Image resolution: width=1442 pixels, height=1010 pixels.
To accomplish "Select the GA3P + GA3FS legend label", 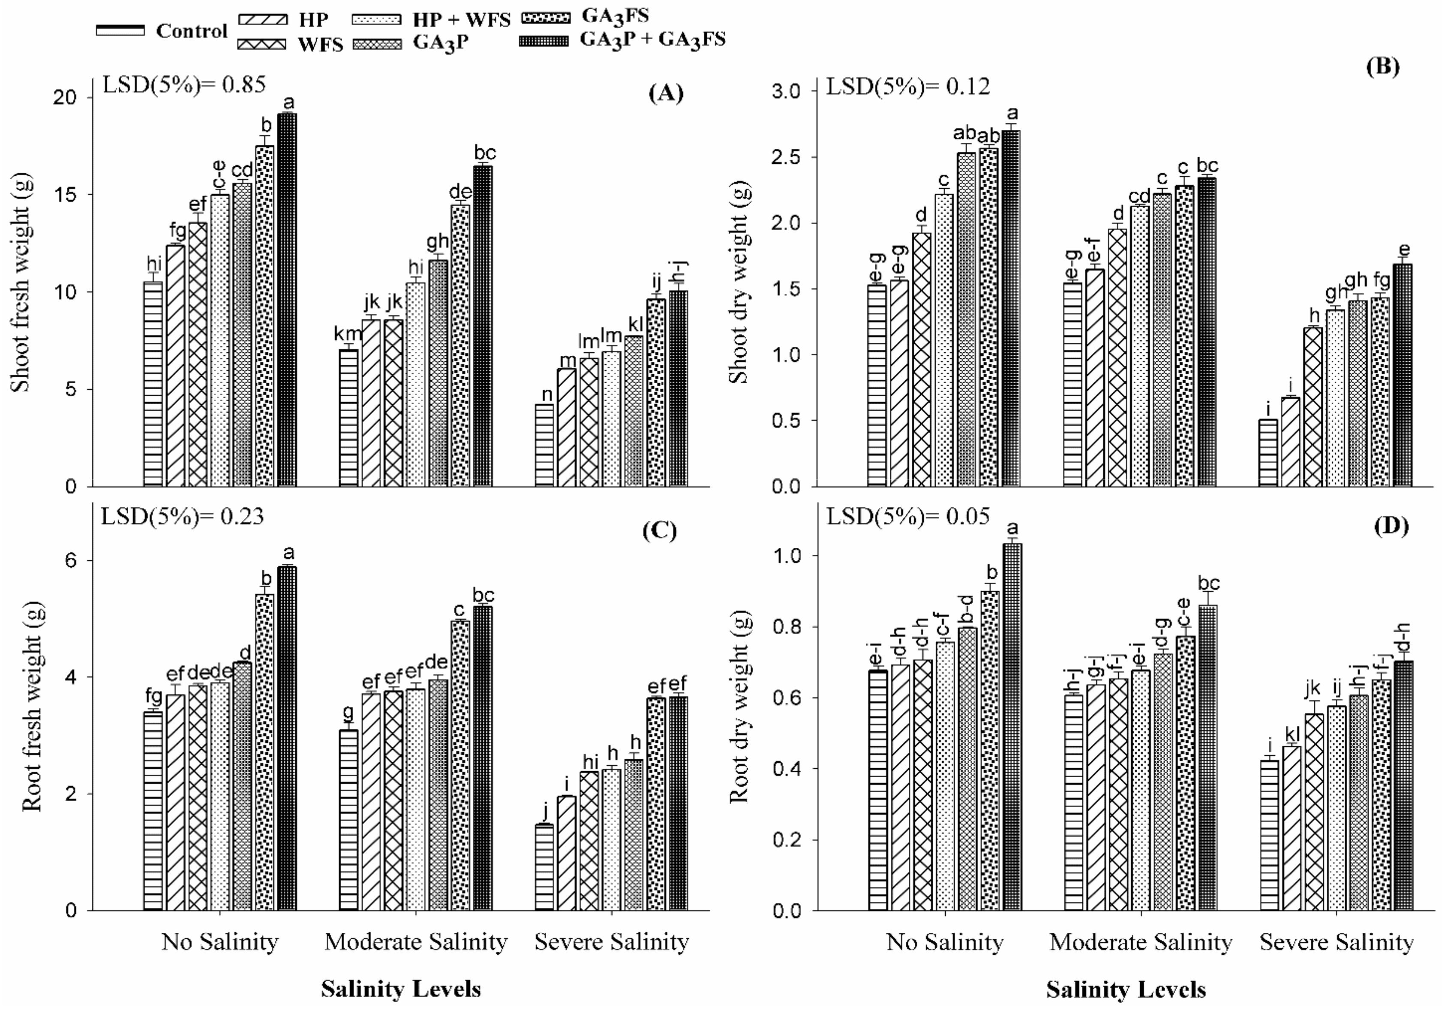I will [652, 39].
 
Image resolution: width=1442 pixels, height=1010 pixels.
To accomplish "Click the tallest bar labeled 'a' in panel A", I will [287, 300].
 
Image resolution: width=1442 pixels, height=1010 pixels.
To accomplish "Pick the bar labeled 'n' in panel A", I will [544, 445].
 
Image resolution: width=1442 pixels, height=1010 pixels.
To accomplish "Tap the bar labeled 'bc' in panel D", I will [1207, 757].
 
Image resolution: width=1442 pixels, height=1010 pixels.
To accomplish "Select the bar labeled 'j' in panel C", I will [544, 867].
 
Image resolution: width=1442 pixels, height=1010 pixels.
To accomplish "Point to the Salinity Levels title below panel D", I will [1126, 990].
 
